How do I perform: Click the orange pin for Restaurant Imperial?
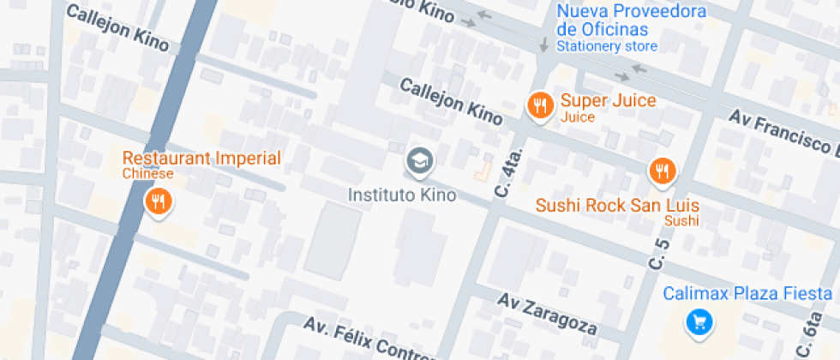tap(159, 201)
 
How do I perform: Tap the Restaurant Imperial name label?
tap(201, 158)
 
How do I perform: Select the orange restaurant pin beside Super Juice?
tap(538, 105)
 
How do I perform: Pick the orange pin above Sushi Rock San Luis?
tap(661, 171)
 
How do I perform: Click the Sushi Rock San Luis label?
tap(617, 206)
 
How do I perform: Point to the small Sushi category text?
tap(681, 221)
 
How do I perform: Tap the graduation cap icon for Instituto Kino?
tap(419, 159)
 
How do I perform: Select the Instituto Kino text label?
tap(402, 195)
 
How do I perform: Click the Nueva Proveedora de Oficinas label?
tap(631, 21)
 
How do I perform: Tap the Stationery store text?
tap(607, 46)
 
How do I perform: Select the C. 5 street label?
tap(661, 258)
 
